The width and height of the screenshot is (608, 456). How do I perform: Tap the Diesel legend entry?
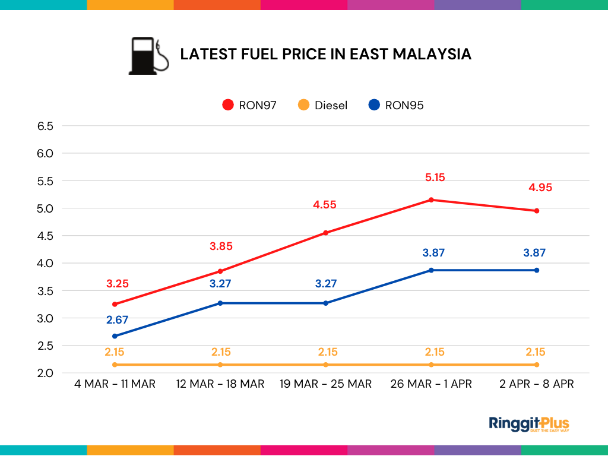(323, 105)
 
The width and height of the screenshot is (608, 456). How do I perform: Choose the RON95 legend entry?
(396, 105)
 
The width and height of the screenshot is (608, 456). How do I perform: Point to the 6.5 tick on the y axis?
(46, 126)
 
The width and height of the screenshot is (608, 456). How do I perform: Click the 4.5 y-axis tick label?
(46, 236)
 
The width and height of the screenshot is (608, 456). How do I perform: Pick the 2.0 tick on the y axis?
(46, 373)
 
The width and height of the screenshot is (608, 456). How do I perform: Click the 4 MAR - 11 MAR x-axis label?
(115, 384)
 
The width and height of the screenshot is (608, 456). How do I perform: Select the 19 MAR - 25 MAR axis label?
(326, 384)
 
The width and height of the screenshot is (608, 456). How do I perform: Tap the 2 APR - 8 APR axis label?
(537, 384)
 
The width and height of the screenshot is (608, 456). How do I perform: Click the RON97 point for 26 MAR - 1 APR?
(431, 199)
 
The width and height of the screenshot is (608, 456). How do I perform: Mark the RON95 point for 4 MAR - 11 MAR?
(115, 336)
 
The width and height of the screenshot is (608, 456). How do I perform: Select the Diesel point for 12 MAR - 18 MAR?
(220, 365)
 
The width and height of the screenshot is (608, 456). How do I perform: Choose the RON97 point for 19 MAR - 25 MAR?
(326, 233)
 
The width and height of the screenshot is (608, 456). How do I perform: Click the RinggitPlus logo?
(528, 424)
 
